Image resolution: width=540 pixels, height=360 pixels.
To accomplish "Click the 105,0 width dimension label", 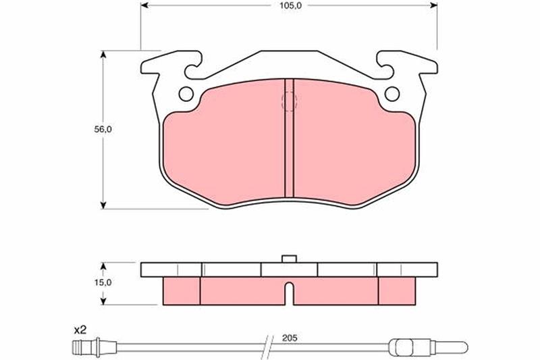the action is [290, 5].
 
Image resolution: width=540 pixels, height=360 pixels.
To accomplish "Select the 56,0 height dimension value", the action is [103, 130].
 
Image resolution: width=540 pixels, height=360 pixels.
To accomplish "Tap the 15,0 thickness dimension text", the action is [103, 282].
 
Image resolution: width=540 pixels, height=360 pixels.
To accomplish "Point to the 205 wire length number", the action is [290, 338].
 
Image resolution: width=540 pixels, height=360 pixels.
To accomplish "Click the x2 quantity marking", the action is [80, 330].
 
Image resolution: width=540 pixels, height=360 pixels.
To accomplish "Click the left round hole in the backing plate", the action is [186, 94].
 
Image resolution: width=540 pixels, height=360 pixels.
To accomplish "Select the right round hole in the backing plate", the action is [392, 94].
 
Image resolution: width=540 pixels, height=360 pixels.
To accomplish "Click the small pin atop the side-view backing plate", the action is [290, 259].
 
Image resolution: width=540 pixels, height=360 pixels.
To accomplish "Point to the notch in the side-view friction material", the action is [290, 293].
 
